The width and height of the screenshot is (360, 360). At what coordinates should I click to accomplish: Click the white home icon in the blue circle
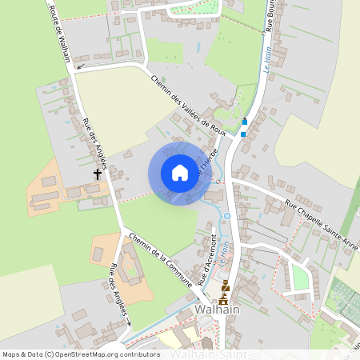179,173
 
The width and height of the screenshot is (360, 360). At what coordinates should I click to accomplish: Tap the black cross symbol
98,173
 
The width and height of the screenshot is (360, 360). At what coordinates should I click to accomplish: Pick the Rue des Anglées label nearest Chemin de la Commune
119,292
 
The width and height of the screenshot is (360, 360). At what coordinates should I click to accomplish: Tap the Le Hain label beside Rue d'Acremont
225,255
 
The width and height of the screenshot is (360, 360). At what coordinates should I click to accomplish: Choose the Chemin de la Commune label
160,258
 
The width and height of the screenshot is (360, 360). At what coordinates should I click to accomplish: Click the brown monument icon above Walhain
225,291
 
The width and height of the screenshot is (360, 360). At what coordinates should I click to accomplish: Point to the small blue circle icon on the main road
227,216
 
